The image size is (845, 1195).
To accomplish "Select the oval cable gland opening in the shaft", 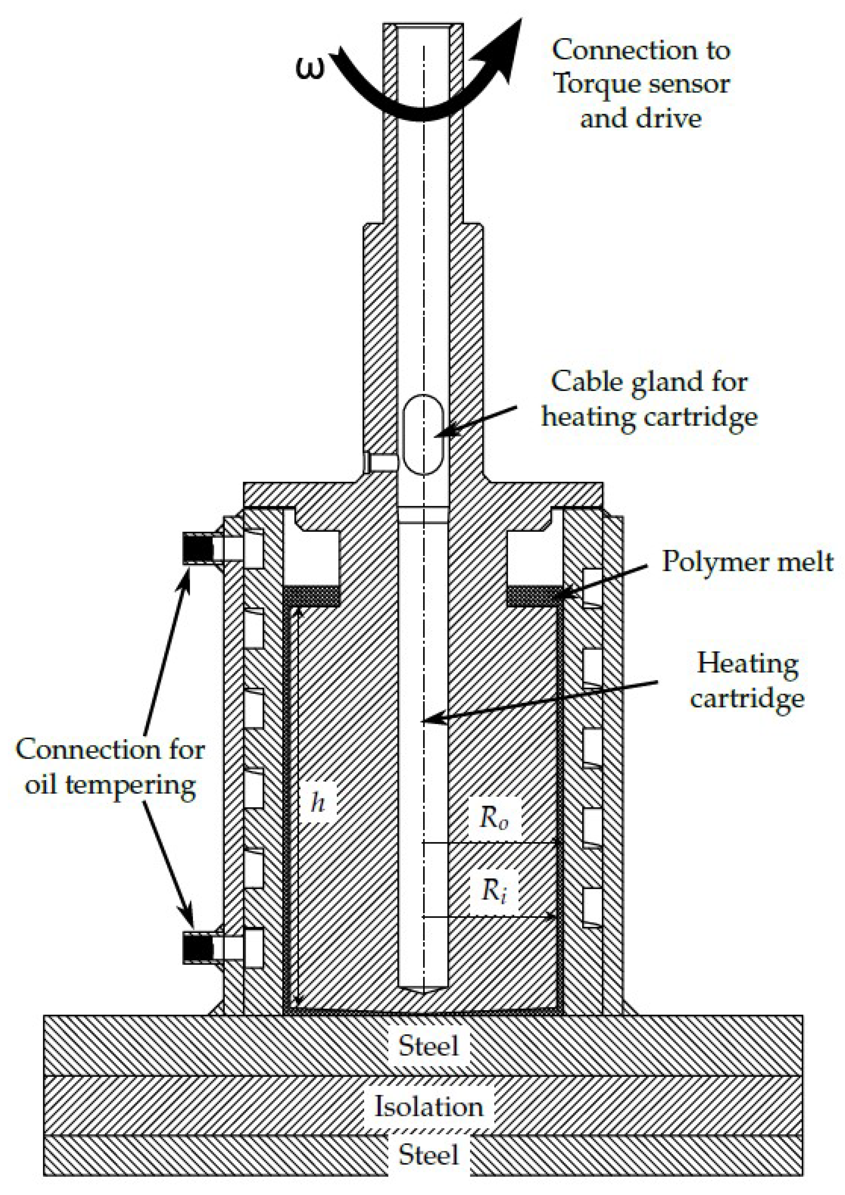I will (x=424, y=435).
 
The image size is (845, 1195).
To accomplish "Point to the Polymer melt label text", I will (x=747, y=562).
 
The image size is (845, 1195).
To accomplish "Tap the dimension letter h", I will (x=318, y=802).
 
